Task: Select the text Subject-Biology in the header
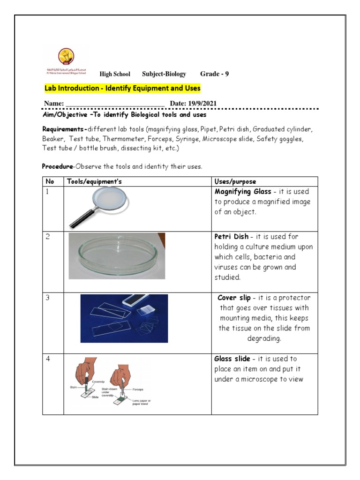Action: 164,74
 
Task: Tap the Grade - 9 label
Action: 214,74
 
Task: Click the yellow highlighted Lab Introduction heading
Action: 122,88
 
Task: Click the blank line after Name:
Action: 114,104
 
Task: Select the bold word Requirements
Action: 63,129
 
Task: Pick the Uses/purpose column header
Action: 235,181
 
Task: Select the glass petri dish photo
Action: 117,255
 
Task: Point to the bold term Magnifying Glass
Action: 243,192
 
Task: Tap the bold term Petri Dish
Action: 232,237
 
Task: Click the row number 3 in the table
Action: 48,298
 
